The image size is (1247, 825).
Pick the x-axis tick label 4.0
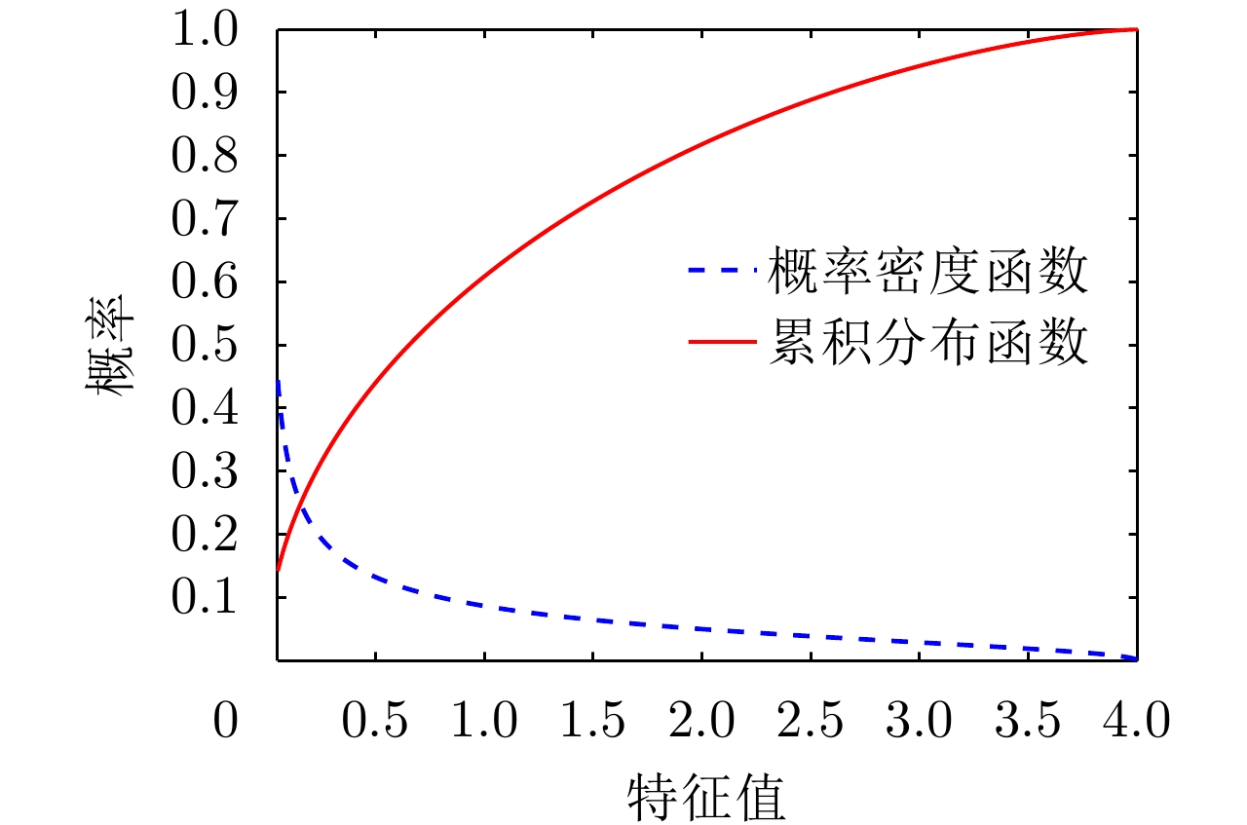point(1134,723)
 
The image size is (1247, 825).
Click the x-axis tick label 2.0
point(700,723)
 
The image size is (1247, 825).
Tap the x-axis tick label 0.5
point(376,723)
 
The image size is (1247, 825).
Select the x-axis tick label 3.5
point(1026,723)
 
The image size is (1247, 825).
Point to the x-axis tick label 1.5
point(592,723)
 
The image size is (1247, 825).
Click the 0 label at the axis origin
point(225,723)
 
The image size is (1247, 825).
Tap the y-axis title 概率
point(108,346)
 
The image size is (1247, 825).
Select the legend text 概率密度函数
point(926,273)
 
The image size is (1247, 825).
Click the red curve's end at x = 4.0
point(1136,30)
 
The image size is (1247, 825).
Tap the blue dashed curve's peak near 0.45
point(279,382)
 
